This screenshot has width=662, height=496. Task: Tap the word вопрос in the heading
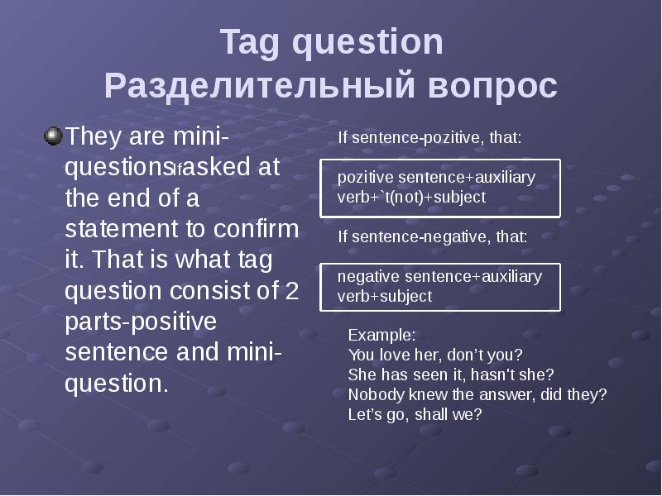click(493, 87)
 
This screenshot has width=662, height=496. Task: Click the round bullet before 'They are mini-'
click(53, 135)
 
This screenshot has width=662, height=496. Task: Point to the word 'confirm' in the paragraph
click(261, 230)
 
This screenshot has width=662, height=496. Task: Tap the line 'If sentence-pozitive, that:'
click(429, 138)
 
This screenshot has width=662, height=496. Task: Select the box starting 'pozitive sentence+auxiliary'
click(440, 188)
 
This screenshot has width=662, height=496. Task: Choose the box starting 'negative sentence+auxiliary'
click(440, 286)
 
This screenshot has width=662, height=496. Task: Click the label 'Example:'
click(381, 336)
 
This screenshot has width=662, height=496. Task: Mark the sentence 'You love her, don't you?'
click(435, 355)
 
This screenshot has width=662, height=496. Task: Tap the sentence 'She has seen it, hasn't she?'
click(450, 374)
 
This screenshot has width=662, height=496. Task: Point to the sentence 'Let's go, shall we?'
click(415, 414)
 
